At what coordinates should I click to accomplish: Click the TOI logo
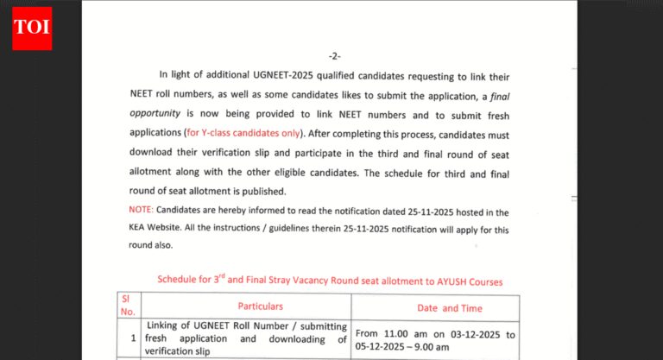coord(32,28)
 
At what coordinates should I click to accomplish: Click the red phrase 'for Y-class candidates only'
coord(244,134)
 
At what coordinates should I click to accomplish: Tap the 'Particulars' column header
coord(260,306)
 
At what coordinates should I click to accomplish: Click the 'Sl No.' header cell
coord(128,306)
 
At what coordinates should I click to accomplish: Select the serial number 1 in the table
coord(134,338)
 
